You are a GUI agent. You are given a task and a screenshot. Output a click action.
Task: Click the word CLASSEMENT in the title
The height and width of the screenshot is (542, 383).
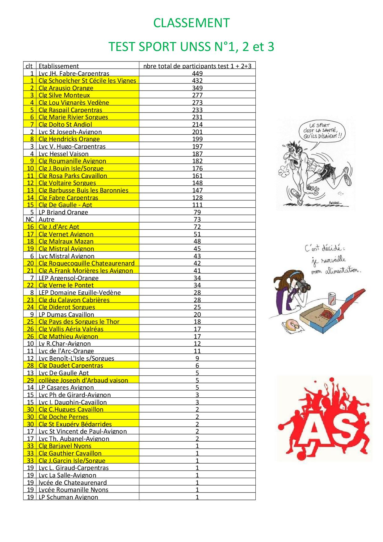(192, 23)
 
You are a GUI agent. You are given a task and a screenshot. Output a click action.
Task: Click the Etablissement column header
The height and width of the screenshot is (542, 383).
(58, 66)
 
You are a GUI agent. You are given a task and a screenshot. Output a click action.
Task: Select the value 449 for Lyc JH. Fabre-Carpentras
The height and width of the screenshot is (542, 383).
(197, 73)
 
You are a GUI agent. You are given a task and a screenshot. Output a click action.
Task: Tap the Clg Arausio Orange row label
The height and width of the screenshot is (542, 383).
(66, 88)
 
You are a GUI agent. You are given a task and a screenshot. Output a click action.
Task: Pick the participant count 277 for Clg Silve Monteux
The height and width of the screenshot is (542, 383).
(197, 95)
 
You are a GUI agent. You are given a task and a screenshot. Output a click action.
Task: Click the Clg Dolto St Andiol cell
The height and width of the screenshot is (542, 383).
(65, 124)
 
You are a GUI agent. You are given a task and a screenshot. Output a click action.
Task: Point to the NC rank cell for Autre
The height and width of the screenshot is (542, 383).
(30, 219)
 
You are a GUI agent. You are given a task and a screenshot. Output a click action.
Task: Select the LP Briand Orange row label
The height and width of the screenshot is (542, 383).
(63, 212)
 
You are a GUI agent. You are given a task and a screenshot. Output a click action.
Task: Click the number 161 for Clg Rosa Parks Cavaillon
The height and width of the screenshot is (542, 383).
(197, 176)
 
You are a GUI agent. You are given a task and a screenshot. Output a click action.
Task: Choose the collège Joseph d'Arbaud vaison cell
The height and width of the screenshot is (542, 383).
(83, 380)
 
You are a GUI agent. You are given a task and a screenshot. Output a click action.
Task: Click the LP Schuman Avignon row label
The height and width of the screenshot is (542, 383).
(68, 497)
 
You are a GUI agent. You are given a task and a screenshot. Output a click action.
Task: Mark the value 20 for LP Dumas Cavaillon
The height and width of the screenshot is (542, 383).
(197, 314)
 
